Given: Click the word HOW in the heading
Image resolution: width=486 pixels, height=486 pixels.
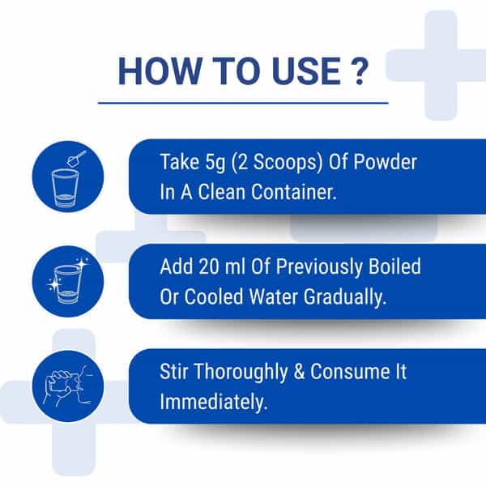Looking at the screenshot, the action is tap(160, 71).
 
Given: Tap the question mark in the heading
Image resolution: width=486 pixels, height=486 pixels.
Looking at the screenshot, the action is tap(360, 71).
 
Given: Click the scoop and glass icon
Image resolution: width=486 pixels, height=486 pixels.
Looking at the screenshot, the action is tap(68, 177).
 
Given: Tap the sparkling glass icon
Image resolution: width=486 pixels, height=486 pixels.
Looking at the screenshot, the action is tap(68, 281).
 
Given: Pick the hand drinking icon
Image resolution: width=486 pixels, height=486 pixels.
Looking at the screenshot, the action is tap(68, 386).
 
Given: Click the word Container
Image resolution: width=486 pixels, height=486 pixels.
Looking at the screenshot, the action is tap(293, 192).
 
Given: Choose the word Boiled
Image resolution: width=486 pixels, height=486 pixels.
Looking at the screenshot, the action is tap(394, 266).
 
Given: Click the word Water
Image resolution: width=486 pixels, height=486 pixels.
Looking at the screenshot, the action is tap(274, 296).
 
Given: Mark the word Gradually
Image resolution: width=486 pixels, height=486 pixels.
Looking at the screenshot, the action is tap(345, 297).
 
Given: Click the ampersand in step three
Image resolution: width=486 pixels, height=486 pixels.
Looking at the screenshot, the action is tap(299, 371).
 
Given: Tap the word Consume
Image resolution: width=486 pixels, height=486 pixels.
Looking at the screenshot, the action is tap(350, 371).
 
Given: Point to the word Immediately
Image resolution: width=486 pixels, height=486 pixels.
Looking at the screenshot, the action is tap(213, 402).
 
